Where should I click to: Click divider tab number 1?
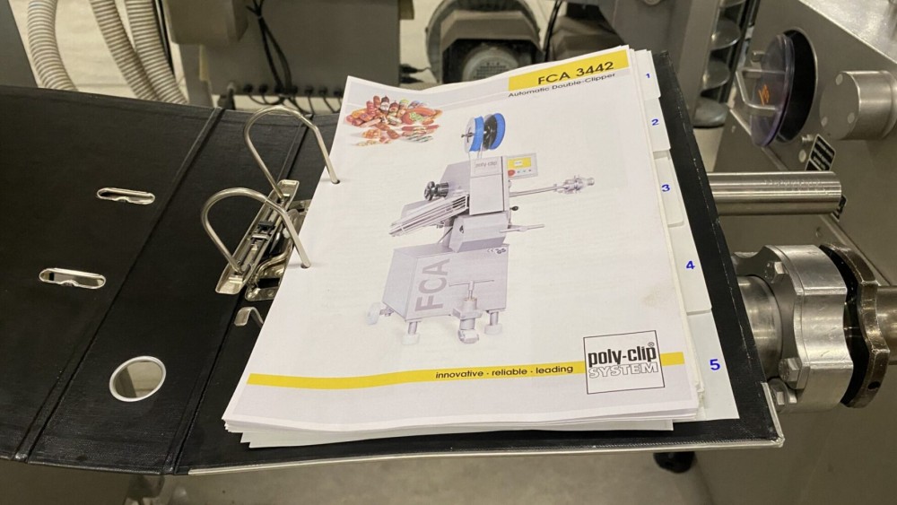(647, 76)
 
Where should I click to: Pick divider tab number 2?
(655, 123)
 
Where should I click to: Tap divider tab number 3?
(666, 188)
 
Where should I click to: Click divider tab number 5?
(714, 364)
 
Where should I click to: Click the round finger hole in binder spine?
(137, 378)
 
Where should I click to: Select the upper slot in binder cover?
(126, 195)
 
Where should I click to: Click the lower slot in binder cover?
(72, 278)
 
